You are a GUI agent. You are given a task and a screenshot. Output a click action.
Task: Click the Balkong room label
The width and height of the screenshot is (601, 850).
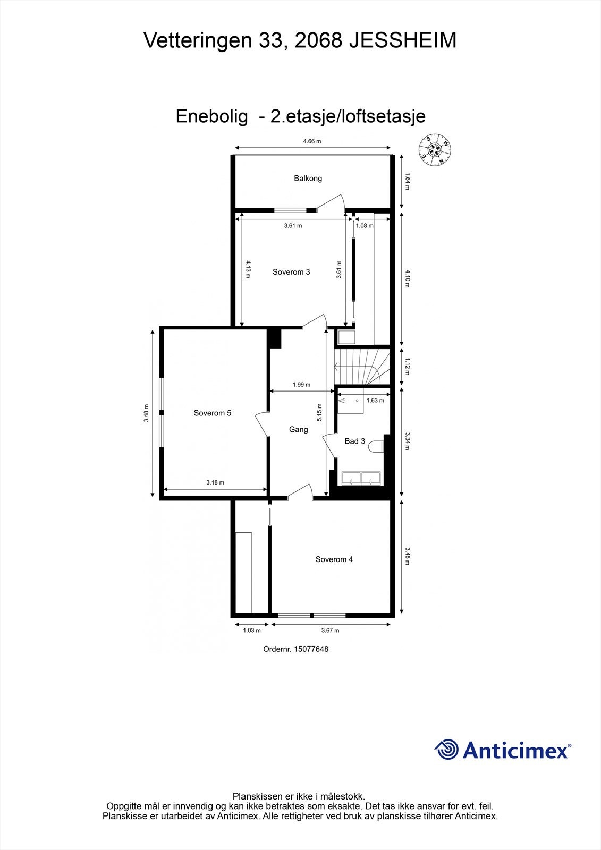coord(308,178)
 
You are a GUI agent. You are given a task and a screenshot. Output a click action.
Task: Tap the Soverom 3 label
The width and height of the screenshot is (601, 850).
coord(291,272)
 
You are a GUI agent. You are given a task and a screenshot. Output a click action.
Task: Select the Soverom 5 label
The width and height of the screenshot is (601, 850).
coord(213,413)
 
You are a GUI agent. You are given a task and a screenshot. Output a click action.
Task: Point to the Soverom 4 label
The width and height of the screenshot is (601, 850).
coord(334,559)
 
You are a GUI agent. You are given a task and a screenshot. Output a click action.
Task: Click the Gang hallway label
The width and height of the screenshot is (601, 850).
coord(299,429)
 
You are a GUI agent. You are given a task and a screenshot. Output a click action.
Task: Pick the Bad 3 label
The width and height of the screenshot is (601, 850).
coord(355,441)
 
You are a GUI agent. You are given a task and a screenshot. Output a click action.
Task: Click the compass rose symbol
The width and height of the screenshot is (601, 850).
coord(435,150)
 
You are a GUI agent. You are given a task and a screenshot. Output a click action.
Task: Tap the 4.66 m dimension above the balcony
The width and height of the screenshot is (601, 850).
coord(312,141)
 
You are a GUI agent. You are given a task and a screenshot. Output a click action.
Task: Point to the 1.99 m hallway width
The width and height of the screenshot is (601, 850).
coord(301,385)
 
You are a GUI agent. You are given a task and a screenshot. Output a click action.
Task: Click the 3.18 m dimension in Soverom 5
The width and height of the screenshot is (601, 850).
coord(215,482)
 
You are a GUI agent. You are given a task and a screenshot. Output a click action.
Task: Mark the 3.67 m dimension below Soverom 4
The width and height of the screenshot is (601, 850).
coord(330,631)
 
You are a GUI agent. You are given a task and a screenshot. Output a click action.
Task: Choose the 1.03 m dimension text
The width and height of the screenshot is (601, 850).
coord(252,631)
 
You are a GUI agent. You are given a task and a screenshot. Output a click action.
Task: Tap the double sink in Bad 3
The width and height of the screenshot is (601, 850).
coord(361,478)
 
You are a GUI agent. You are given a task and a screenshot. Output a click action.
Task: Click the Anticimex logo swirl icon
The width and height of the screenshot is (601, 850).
coord(446,750)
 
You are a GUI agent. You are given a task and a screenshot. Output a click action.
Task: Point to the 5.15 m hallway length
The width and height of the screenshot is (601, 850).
coord(319,412)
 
